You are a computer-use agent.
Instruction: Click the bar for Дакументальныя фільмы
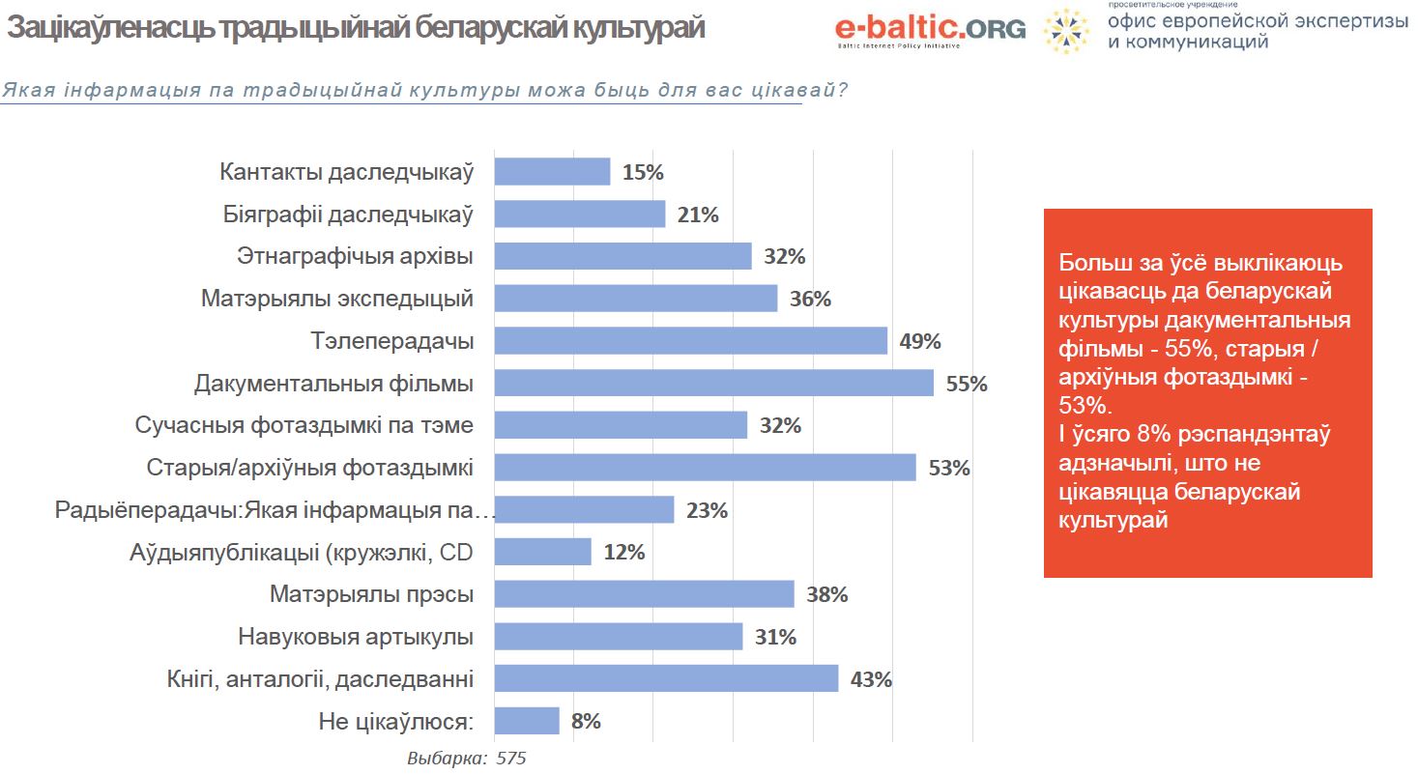[x=713, y=384]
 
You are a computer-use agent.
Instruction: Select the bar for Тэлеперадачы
[x=690, y=341]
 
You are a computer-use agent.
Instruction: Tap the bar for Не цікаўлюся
[x=527, y=721]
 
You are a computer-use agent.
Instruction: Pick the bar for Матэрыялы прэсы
[x=644, y=594]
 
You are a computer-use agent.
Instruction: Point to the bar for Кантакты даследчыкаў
[x=552, y=172]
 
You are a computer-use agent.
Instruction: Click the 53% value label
[x=948, y=469]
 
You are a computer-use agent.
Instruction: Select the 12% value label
[x=623, y=553]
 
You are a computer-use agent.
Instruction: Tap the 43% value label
[x=870, y=679]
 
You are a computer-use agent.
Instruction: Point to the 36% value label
[x=810, y=300]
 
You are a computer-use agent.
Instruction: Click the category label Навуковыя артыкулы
[x=355, y=637]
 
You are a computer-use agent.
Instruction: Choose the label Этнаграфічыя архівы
[x=355, y=257]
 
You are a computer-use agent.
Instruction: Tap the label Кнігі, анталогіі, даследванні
[x=319, y=679]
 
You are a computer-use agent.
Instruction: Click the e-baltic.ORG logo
[x=930, y=29]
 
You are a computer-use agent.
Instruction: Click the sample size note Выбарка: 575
[x=466, y=759]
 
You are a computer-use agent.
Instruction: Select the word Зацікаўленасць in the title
[x=110, y=29]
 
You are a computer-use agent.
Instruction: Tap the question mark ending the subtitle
[x=843, y=91]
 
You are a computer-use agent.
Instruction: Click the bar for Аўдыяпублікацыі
[x=542, y=553]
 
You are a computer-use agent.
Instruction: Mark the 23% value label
[x=707, y=510]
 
